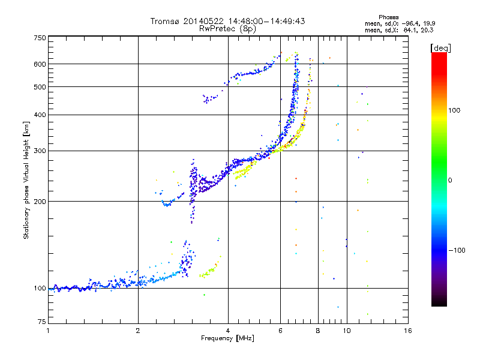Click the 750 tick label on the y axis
[40, 38]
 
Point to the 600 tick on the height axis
[40, 64]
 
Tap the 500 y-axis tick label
[40, 87]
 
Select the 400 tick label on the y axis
[40, 115]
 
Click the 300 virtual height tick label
[40, 151]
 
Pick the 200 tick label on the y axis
[40, 201]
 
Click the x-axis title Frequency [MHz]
[228, 338]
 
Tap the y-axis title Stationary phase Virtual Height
[26, 180]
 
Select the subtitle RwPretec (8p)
[228, 28]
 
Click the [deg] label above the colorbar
[441, 47]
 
